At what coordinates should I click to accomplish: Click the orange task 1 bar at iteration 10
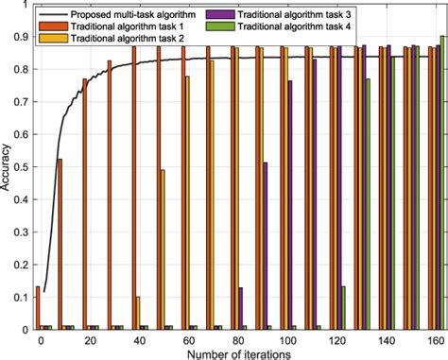click(60, 245)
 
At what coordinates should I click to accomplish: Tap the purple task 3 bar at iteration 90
click(266, 247)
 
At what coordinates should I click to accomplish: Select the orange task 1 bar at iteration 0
click(38, 308)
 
